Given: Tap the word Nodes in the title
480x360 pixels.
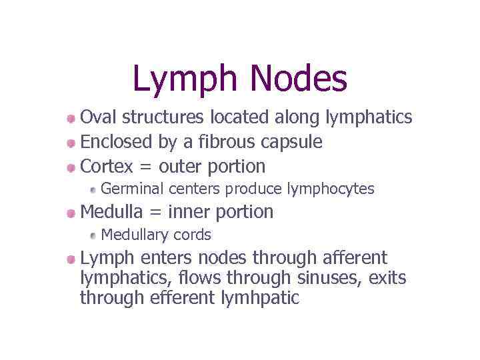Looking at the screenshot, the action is coord(299,78).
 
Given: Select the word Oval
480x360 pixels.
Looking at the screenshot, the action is coord(97,117).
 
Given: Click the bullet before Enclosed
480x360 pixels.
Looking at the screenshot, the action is coord(71,143).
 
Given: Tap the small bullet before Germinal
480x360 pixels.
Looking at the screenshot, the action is coord(94,189).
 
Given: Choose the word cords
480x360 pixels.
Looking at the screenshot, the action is coord(192,235).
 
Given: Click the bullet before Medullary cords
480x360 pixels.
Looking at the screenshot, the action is coord(94,235).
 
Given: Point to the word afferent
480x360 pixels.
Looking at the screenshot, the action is coord(355,257).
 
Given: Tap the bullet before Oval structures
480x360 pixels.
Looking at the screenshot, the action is coord(71,119).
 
